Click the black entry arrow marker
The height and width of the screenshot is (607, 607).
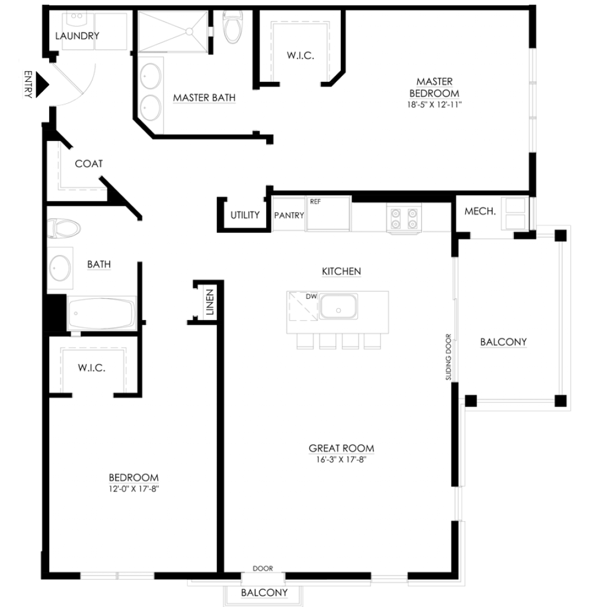(x=42, y=84)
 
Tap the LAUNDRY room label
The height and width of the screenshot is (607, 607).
(x=77, y=36)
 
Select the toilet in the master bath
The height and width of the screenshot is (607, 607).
(x=232, y=26)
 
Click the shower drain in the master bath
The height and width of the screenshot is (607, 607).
(x=190, y=31)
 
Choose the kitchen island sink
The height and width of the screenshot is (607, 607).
(x=338, y=306)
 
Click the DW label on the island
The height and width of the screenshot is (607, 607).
(x=311, y=296)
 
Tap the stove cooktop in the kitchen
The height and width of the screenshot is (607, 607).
(x=404, y=219)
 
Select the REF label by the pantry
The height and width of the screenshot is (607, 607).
(x=315, y=202)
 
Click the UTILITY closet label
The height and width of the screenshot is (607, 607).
(x=245, y=215)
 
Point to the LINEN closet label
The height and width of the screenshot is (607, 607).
(x=210, y=302)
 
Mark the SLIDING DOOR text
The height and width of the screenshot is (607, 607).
(x=448, y=357)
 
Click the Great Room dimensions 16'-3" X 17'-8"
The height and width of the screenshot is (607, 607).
(x=341, y=459)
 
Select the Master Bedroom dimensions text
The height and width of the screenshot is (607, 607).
(x=435, y=104)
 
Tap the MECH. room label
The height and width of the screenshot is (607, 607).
(x=480, y=212)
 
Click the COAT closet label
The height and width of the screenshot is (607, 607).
(x=89, y=164)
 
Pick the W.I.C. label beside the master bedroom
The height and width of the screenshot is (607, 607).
(x=301, y=55)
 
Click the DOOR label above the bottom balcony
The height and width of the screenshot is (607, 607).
(x=263, y=568)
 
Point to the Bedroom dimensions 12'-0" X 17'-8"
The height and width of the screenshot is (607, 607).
(x=133, y=489)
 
